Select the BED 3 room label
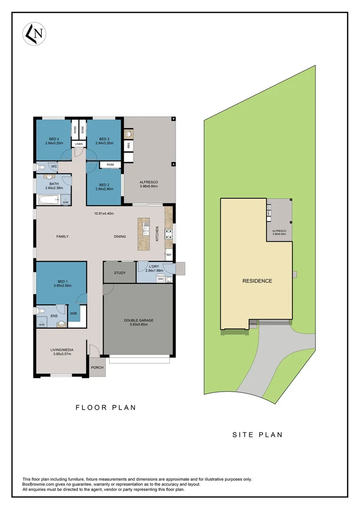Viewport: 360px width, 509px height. (x=104, y=139)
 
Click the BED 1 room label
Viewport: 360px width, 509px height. (x=61, y=283)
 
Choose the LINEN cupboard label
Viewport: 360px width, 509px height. (x=79, y=144)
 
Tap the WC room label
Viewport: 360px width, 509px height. (x=54, y=166)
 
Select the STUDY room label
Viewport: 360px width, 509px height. (x=119, y=272)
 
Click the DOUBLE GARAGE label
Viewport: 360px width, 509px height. (x=138, y=321)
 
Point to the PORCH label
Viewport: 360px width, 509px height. (x=97, y=368)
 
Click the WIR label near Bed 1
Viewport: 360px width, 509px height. (x=73, y=314)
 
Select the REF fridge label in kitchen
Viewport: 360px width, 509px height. (x=169, y=255)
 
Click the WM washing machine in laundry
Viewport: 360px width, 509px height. (x=161, y=279)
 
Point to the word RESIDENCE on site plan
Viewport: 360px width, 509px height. (x=257, y=281)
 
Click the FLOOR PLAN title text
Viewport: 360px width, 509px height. (x=105, y=408)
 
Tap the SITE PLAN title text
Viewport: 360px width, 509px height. (x=257, y=434)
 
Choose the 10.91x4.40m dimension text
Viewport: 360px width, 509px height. (x=104, y=214)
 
